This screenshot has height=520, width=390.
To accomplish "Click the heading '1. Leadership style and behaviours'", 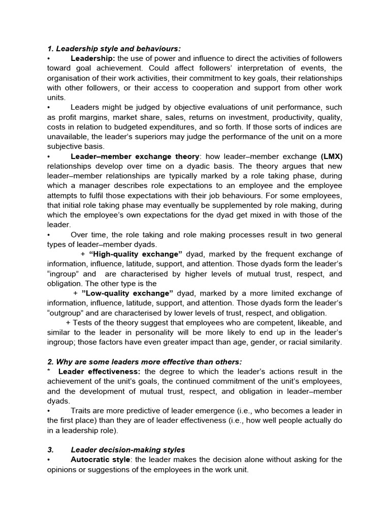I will click(113, 49).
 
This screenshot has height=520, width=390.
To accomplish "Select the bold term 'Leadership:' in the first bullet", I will click(93, 58).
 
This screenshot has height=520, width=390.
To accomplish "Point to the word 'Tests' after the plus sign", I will click(83, 322).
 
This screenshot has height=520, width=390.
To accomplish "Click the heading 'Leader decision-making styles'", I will click(127, 449).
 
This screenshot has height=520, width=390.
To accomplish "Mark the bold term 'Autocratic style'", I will click(101, 460).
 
